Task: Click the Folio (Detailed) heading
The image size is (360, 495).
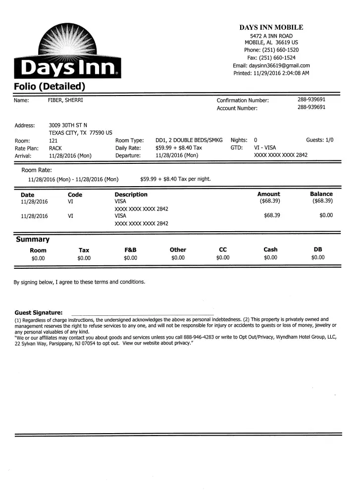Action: (x=50, y=86)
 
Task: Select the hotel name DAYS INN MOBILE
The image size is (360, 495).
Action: (x=271, y=28)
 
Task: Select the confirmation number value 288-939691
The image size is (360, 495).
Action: (x=311, y=100)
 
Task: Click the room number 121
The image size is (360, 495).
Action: (x=53, y=141)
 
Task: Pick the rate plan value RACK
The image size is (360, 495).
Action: (x=55, y=148)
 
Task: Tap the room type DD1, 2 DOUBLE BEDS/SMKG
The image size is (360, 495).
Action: (x=189, y=141)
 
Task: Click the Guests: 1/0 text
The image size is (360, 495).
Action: (x=319, y=141)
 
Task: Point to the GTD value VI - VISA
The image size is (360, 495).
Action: (x=265, y=148)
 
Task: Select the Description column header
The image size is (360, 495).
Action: (x=131, y=195)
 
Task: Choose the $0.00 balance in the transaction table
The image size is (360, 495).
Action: (x=326, y=215)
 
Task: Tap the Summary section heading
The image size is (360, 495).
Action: (x=33, y=240)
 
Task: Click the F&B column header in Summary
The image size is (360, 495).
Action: (x=130, y=250)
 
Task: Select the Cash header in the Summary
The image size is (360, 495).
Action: (x=270, y=250)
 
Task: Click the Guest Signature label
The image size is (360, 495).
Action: (x=39, y=313)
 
